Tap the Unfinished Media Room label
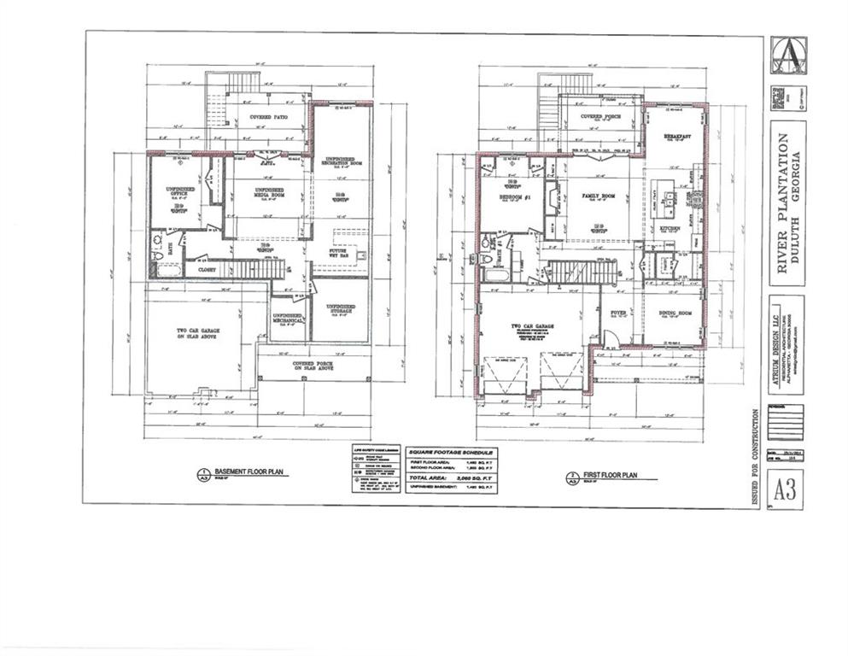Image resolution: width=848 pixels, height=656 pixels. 269,193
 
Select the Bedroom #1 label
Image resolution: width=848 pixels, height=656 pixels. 515,198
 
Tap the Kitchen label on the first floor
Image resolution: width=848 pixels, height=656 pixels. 669,229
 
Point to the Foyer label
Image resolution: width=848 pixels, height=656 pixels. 619,313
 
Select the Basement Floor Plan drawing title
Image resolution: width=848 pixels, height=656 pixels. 245,471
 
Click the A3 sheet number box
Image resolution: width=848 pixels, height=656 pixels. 786,489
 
